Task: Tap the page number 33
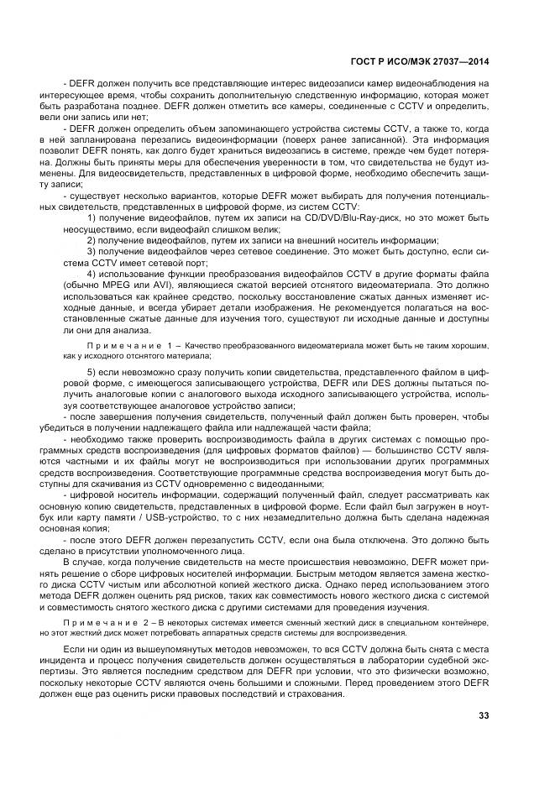coord(483,715)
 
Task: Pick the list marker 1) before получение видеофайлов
coord(92,217)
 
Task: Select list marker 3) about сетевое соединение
coord(92,251)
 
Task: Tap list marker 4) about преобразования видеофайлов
coord(92,274)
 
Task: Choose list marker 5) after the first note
coord(92,371)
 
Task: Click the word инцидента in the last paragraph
coord(86,661)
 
